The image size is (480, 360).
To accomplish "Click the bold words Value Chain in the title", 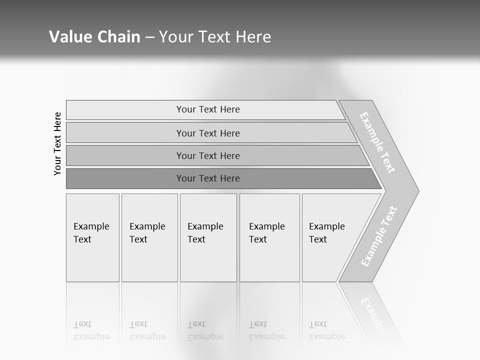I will coord(94,37).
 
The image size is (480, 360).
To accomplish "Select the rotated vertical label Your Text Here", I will coord(57,143).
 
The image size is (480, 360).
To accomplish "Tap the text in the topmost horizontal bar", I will coord(208,109).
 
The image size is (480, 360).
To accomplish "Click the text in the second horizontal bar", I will coord(208,133).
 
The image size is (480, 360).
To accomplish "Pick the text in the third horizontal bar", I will coord(208,156).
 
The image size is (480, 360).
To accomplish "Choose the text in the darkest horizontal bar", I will coord(208,178).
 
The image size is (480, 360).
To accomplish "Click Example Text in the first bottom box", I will coord(91,233).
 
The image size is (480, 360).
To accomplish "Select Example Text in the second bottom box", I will coord(147,233).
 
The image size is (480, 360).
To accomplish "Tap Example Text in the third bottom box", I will coord(205,233).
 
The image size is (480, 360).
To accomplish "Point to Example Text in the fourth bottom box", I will coord(266,233).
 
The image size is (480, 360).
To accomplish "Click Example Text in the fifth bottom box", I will coord(326,233).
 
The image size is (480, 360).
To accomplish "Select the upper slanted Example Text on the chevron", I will coord(377,142).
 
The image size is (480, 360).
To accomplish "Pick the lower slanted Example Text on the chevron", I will coord(378,236).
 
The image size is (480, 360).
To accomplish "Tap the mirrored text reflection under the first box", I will coord(91,330).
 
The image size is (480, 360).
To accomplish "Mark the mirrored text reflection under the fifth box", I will coord(326,330).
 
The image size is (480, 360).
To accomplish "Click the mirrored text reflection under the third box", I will coord(205,330).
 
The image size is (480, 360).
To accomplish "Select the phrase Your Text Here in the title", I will coord(215,37).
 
